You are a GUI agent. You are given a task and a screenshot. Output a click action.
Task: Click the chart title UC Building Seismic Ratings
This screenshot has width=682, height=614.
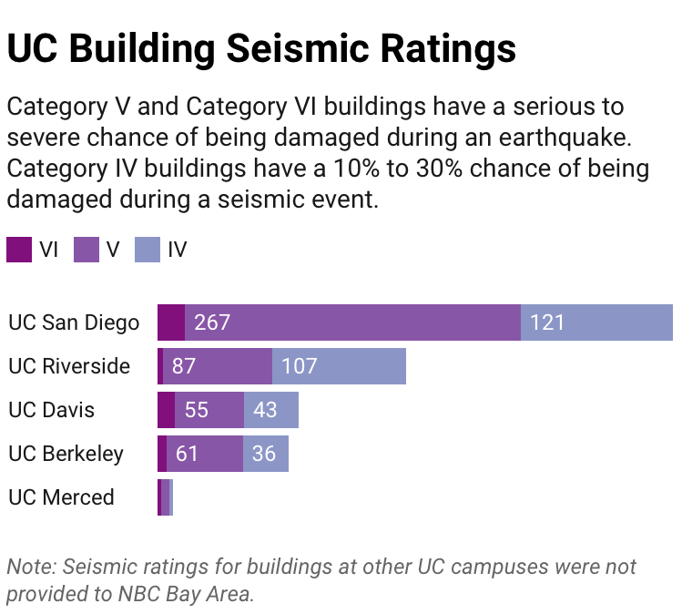[x=261, y=48]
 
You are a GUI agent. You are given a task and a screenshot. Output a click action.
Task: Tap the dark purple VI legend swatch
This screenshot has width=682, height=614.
[x=19, y=250]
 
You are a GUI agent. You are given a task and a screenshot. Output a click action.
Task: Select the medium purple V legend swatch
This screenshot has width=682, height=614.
[x=86, y=250]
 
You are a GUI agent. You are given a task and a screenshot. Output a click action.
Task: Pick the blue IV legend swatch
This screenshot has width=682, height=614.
[x=148, y=250]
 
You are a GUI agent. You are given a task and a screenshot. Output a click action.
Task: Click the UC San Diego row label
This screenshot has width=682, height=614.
[x=74, y=322]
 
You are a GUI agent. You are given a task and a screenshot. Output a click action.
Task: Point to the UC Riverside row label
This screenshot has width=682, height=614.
[x=69, y=366]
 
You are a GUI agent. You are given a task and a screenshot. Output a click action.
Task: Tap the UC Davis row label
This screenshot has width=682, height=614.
[x=51, y=410]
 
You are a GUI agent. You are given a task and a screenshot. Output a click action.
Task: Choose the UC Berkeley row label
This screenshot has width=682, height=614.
[x=66, y=454]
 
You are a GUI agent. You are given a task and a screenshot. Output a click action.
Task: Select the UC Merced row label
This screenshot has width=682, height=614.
[x=61, y=497]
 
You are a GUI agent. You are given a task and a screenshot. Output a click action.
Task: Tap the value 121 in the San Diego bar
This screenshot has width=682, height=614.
[x=547, y=322]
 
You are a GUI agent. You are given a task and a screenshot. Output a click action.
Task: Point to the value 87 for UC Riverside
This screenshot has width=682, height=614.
[x=184, y=366]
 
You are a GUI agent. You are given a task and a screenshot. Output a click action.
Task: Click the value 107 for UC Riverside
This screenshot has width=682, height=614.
[x=299, y=366]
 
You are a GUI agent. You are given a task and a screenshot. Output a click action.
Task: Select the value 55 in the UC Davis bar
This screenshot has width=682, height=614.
[x=196, y=410]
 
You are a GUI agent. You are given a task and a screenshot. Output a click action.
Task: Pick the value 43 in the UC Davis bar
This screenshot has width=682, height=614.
[x=265, y=410]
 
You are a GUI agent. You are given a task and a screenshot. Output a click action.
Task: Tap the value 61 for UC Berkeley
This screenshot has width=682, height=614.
[x=187, y=454]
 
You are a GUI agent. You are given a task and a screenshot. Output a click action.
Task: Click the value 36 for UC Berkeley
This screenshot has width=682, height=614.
[x=263, y=454]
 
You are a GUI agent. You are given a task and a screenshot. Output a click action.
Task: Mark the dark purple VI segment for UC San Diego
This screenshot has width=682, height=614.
[x=171, y=322]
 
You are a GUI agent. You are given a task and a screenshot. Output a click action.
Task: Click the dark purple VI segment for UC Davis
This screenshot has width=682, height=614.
[x=166, y=410]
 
